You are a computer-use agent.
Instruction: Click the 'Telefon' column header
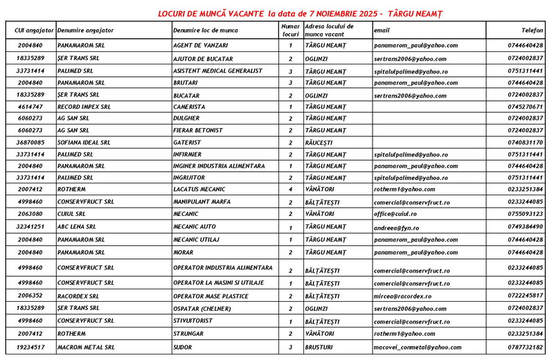click(532, 31)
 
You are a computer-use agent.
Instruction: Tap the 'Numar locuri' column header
click(291, 30)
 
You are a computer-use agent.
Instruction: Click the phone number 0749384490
click(525, 227)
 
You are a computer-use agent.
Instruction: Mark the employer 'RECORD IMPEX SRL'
click(84, 107)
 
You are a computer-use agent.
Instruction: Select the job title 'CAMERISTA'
click(190, 107)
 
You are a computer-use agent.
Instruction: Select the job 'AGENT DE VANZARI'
click(201, 46)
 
